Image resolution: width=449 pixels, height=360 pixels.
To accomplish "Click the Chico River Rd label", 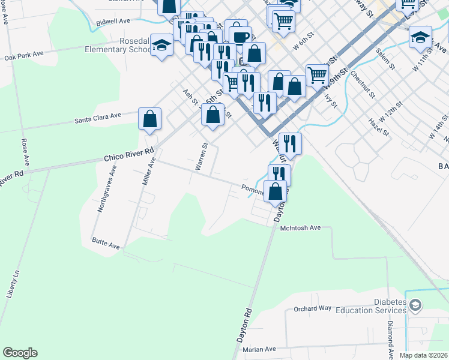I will (128, 157).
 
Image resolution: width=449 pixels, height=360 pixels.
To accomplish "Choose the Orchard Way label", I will (312, 308).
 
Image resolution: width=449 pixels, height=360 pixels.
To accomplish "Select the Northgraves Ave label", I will (107, 190).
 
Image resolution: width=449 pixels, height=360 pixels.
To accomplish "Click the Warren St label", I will (201, 156).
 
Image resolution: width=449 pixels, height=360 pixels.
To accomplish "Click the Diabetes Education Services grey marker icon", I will (415, 307).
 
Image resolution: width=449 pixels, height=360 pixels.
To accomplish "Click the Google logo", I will (20, 353).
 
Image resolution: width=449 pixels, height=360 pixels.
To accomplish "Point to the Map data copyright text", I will (424, 355).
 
